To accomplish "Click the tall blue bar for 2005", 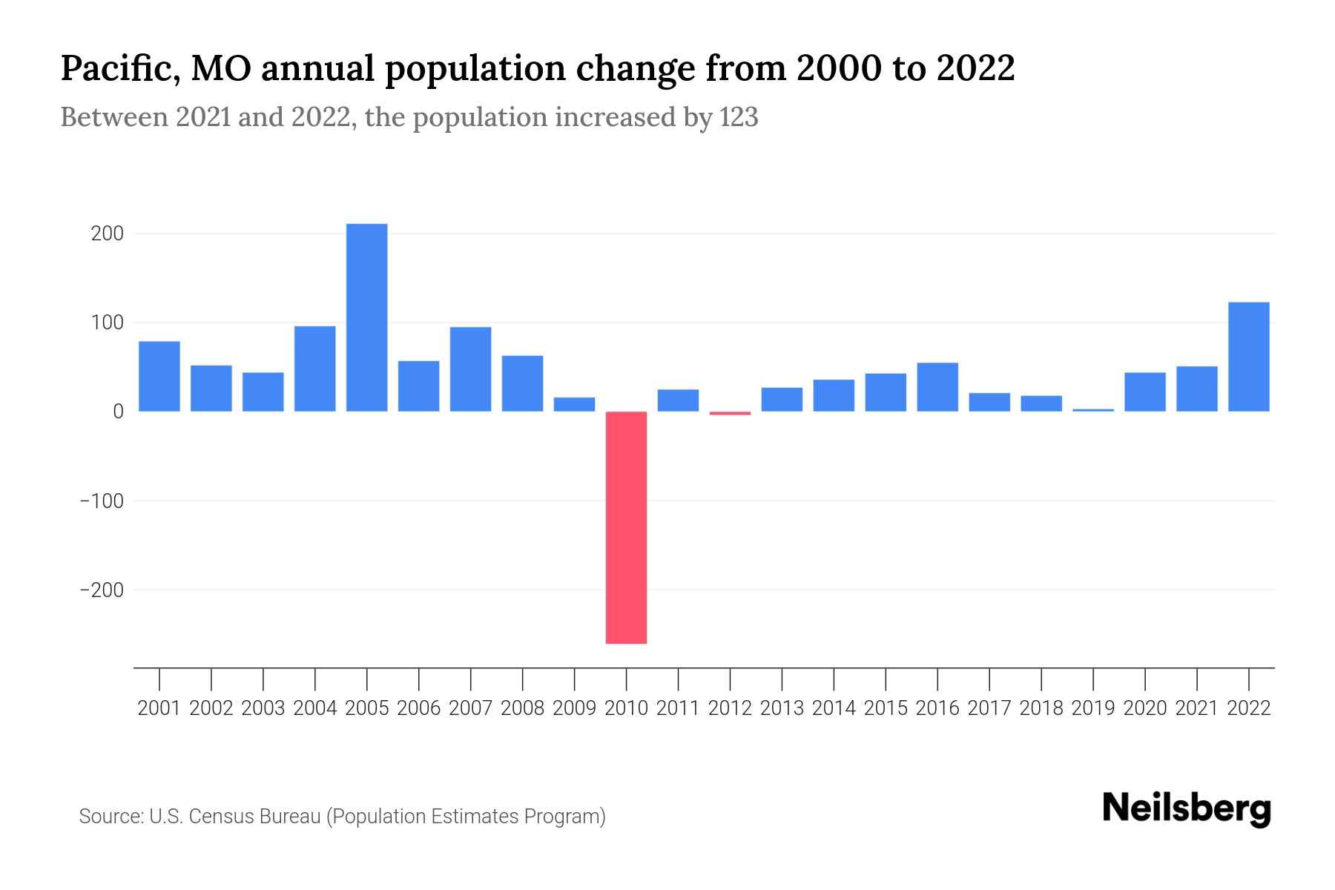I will click(366, 317).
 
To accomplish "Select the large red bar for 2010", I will click(626, 527).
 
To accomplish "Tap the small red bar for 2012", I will click(730, 413).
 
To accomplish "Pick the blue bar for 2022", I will click(1248, 357).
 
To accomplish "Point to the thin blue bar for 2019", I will click(1092, 410).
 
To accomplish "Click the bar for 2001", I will click(159, 376).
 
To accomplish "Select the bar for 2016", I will click(937, 387).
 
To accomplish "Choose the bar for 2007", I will click(470, 369).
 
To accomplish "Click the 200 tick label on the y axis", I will click(107, 234).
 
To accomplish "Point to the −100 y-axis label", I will click(102, 501).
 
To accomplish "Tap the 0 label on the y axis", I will click(118, 412).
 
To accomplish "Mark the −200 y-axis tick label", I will click(102, 590).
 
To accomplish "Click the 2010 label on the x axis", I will click(626, 708).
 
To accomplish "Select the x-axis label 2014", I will click(834, 708).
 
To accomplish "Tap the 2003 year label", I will click(263, 708).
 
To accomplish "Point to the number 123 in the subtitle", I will click(738, 118).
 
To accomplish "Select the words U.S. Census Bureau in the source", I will click(235, 817).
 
